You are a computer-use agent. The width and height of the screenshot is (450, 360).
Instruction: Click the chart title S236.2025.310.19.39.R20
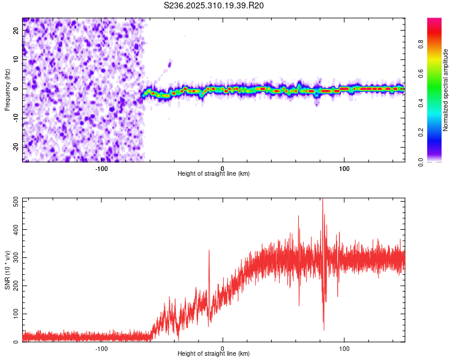click(x=214, y=5)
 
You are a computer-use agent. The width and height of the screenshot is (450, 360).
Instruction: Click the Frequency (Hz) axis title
click(x=7, y=89)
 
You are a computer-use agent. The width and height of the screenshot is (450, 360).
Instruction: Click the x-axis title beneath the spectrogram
click(x=214, y=174)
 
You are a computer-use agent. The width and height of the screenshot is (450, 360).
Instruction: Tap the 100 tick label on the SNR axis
click(x=14, y=314)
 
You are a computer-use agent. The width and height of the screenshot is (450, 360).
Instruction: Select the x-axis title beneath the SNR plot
click(x=214, y=354)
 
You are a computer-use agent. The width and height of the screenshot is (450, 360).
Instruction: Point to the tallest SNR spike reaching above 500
click(x=323, y=201)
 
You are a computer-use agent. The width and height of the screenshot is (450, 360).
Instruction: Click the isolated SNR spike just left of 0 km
click(x=209, y=251)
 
